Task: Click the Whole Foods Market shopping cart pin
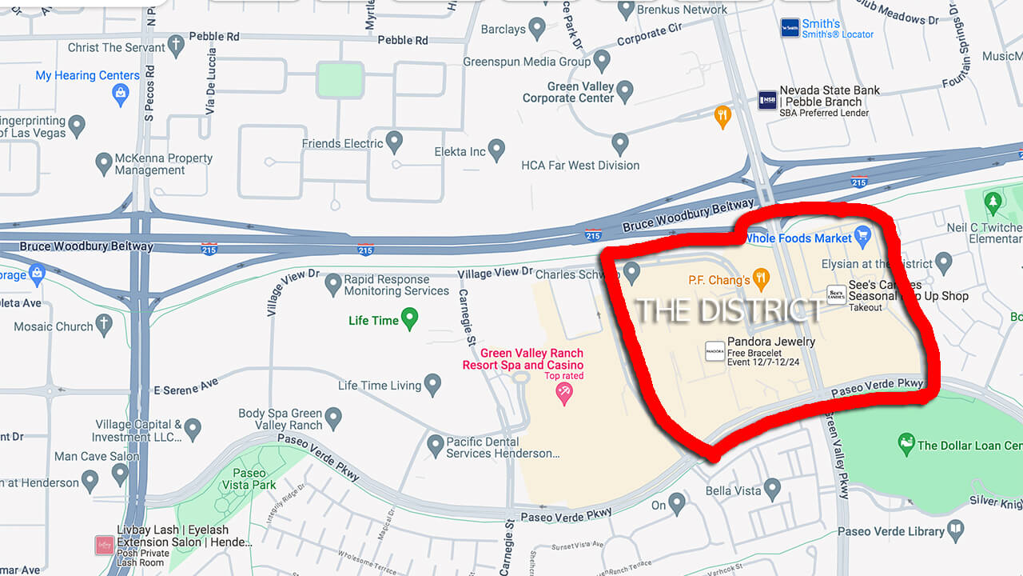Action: tap(862, 236)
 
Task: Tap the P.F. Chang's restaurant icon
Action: tap(762, 279)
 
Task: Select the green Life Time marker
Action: tap(410, 320)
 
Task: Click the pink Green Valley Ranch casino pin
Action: tap(564, 393)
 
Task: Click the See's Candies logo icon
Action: tap(836, 294)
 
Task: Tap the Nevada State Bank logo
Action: tap(767, 100)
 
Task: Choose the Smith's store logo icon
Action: tap(790, 28)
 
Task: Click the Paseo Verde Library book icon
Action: tap(955, 530)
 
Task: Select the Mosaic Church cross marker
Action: tap(104, 325)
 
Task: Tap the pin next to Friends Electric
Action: tap(394, 142)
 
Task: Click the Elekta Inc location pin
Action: tap(496, 150)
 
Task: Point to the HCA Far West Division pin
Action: tap(620, 144)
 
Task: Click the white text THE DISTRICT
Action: tap(728, 310)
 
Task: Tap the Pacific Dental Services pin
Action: tap(436, 445)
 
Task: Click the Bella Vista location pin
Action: tap(772, 488)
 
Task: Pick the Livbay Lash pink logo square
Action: tap(104, 546)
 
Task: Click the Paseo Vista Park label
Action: tap(254, 478)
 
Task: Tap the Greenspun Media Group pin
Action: tap(602, 60)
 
